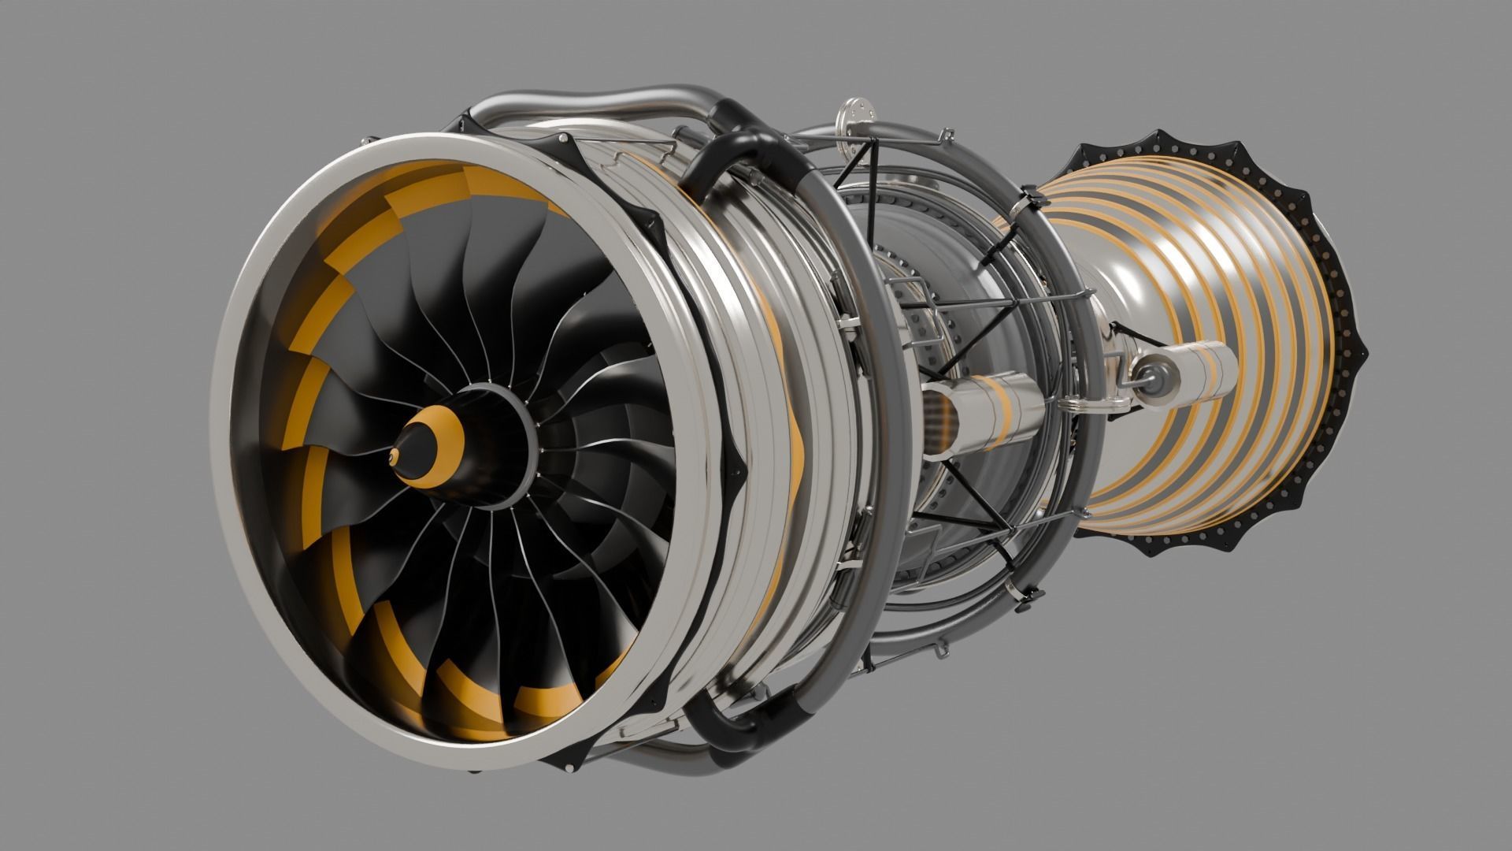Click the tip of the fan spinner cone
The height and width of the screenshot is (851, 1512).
click(393, 455)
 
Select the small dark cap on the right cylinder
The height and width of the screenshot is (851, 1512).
click(1144, 370)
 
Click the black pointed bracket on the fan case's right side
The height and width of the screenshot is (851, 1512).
click(736, 465)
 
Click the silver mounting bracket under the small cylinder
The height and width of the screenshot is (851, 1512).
click(1095, 404)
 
